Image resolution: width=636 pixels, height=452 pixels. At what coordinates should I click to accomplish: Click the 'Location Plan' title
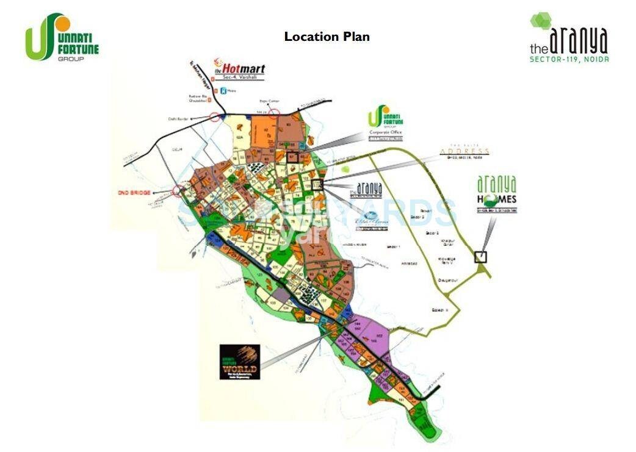327,37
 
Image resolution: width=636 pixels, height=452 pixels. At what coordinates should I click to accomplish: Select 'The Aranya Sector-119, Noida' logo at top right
569,38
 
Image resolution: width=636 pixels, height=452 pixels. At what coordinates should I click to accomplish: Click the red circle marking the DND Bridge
178,192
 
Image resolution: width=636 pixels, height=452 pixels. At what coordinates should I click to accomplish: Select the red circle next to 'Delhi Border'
214,117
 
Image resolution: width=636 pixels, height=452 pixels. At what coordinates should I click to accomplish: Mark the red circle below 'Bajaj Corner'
275,112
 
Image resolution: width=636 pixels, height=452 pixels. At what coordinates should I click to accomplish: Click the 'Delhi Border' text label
176,120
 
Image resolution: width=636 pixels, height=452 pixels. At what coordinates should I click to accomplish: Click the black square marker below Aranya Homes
481,257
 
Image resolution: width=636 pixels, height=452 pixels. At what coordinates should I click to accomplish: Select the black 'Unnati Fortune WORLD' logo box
239,362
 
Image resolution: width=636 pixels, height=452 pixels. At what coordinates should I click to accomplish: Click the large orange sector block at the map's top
266,131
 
